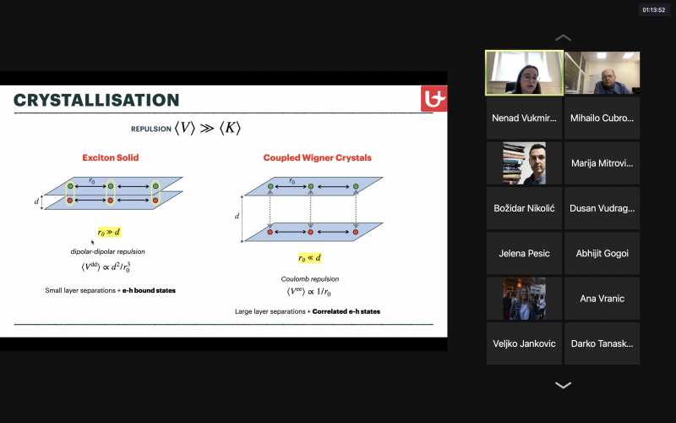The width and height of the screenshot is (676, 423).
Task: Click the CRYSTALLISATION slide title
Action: (x=96, y=100)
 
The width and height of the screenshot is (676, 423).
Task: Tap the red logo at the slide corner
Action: (x=433, y=98)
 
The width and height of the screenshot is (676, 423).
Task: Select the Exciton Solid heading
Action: (x=111, y=157)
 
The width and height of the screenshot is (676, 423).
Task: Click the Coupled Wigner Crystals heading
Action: (x=318, y=157)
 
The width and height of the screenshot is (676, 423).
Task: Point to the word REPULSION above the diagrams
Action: (x=151, y=129)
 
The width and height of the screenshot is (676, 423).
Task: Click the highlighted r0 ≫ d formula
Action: (x=109, y=232)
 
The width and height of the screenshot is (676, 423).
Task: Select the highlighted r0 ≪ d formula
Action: (x=310, y=258)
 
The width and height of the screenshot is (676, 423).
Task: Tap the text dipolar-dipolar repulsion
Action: (x=108, y=251)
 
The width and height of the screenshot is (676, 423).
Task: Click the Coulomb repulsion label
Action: (x=310, y=279)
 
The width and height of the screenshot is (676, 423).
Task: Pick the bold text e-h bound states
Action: (x=149, y=290)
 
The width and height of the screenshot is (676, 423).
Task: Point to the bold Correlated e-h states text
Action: (x=346, y=311)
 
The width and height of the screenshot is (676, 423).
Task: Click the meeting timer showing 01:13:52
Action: (x=653, y=10)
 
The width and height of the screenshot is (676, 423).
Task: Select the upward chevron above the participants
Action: (x=563, y=38)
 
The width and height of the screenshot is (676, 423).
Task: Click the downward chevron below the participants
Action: (x=563, y=385)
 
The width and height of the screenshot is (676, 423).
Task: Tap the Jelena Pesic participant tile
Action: (x=524, y=253)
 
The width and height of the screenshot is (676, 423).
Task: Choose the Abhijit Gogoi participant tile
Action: (x=602, y=253)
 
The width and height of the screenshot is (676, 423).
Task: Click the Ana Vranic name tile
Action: (x=602, y=299)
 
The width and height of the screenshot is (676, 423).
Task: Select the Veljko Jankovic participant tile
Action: (x=524, y=343)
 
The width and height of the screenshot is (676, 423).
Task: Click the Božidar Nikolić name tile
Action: (x=524, y=208)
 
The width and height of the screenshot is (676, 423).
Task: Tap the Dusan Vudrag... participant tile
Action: (x=602, y=208)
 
